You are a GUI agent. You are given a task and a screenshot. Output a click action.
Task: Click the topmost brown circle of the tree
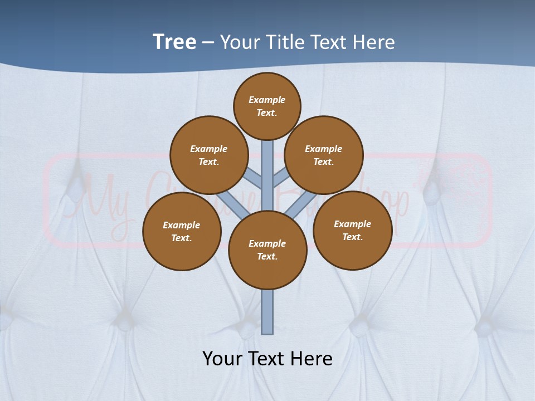267,106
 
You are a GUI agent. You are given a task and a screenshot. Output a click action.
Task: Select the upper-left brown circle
208,155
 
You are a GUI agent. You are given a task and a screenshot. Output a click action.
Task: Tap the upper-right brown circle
324,155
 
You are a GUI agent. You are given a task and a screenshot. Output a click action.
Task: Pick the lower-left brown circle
182,231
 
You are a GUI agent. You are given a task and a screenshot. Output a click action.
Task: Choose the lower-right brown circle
352,230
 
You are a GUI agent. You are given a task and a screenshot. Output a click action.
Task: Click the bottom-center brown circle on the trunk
267,250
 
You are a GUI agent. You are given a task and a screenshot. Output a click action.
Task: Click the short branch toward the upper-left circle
254,178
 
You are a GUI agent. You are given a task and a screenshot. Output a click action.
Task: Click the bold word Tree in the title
174,42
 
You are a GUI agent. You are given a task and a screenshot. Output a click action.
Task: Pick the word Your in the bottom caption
222,359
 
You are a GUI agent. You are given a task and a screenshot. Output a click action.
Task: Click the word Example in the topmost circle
267,100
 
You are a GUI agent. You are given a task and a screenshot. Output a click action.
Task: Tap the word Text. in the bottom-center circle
267,257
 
